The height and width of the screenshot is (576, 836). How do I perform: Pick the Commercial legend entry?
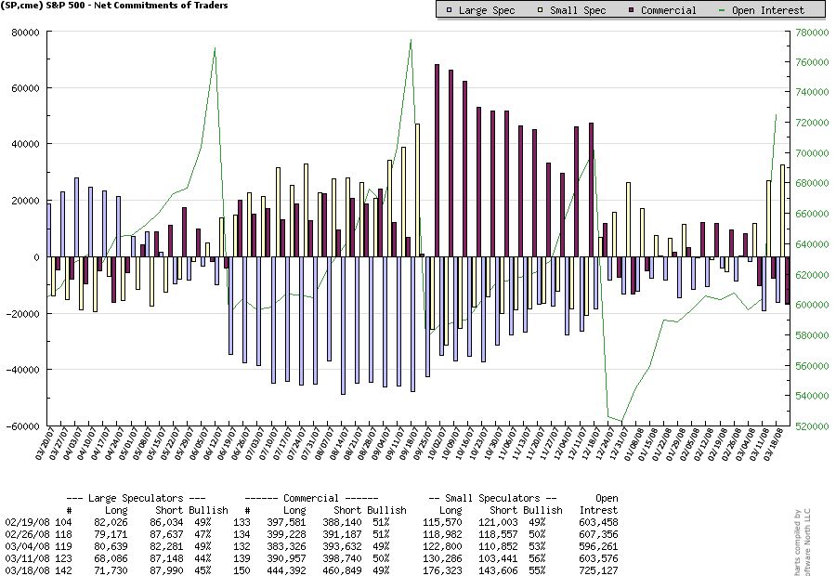(661, 10)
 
